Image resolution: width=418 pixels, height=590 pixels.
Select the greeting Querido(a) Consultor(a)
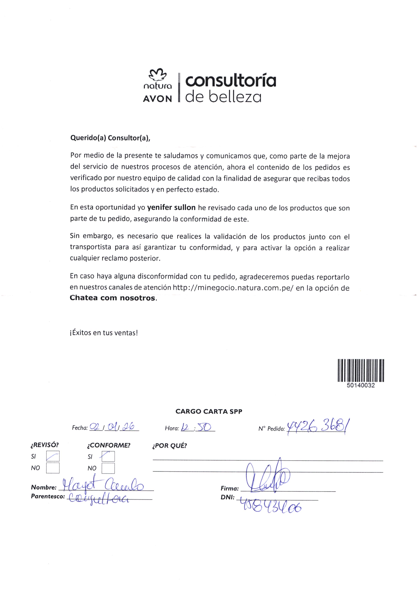coord(110,138)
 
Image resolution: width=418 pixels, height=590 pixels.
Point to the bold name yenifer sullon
coord(171,208)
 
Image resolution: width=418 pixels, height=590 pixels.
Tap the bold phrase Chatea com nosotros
coord(113,298)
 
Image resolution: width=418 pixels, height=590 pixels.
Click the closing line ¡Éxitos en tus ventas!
coord(104,333)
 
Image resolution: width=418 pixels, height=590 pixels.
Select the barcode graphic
coord(361,370)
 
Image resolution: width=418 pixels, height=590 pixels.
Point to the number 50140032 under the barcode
coord(361,385)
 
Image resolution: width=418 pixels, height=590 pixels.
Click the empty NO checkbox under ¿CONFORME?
coord(108,468)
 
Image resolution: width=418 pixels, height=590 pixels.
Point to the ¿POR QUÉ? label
coord(169,446)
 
